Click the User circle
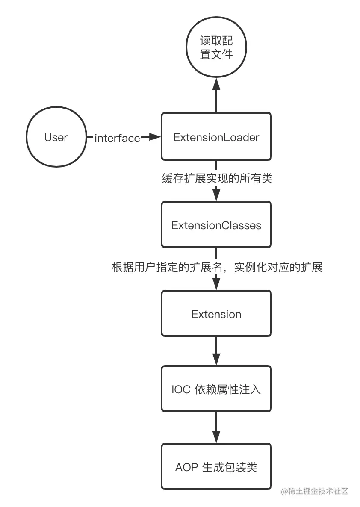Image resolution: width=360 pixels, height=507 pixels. tap(56, 137)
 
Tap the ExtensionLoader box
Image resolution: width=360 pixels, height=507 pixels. tap(216, 137)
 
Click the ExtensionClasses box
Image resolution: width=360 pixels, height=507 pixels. tap(216, 225)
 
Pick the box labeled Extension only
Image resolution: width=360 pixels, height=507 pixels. tap(216, 314)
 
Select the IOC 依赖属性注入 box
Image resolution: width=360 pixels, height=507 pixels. tap(216, 389)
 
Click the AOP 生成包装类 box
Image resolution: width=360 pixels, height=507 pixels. tap(216, 467)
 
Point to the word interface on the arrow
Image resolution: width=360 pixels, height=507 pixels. tap(117, 138)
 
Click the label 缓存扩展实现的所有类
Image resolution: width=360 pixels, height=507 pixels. tap(216, 178)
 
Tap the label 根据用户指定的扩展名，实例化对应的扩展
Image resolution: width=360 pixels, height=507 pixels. tap(216, 268)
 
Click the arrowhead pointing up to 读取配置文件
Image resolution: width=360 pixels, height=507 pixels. tap(216, 85)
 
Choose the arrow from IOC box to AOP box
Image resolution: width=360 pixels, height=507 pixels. tap(216, 427)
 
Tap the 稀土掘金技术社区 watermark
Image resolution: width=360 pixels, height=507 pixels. tap(315, 491)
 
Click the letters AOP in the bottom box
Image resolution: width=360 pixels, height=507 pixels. tap(186, 467)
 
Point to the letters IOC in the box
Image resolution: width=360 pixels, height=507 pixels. tap(180, 389)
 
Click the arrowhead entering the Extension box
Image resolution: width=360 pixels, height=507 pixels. tap(216, 284)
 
